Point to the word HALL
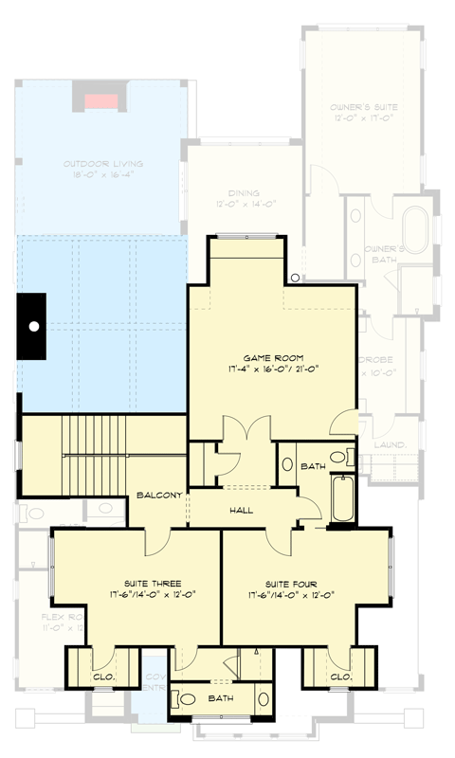[x=241, y=510]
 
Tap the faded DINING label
[x=230, y=192]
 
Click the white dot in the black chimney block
[x=33, y=326]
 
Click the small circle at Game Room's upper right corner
[x=296, y=278]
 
